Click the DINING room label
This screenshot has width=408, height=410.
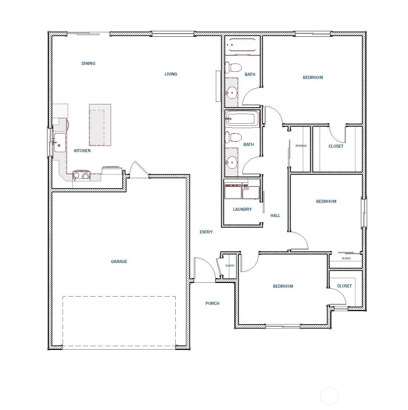tap(88, 64)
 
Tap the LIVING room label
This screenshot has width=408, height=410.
tap(171, 74)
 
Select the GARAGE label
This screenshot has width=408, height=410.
tap(119, 262)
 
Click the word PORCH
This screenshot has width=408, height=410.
tap(212, 304)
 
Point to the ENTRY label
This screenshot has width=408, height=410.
tap(206, 232)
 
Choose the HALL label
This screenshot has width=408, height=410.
tap(275, 216)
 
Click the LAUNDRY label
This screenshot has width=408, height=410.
tap(242, 209)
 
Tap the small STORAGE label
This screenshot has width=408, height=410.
tap(301, 146)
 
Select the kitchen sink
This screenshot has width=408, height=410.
tap(60, 143)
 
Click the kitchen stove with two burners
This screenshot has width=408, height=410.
tap(81, 175)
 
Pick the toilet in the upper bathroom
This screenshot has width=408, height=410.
tap(234, 67)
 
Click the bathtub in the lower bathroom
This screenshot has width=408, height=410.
tap(241, 119)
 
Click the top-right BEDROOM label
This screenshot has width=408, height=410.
tap(313, 78)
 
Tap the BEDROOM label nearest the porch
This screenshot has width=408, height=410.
tap(283, 286)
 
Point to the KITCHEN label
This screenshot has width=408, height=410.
tap(82, 151)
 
